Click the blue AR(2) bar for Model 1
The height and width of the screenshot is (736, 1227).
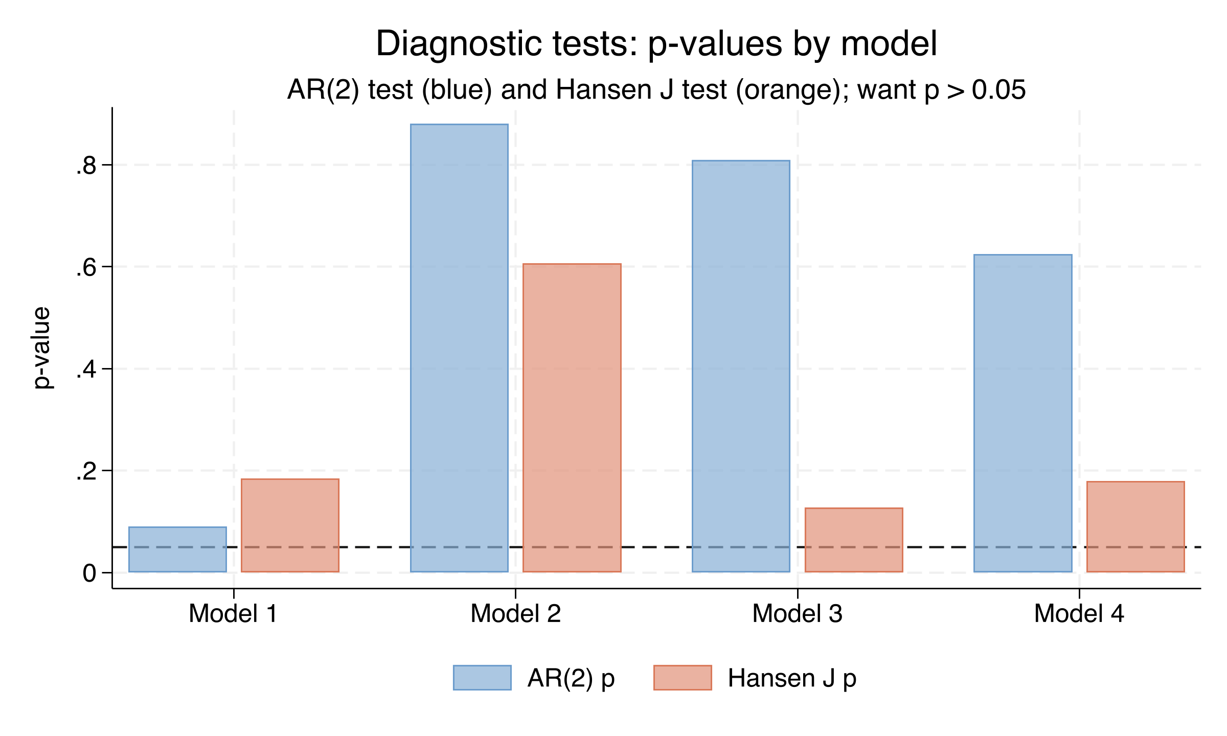click(x=177, y=549)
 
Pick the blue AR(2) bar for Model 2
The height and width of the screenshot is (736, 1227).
click(x=459, y=348)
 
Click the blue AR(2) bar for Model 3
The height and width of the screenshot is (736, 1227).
click(x=741, y=366)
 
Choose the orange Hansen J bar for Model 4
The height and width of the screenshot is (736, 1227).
click(x=1135, y=526)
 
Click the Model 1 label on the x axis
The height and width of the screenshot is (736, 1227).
click(x=233, y=614)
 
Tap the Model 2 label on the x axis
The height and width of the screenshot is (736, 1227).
click(x=515, y=614)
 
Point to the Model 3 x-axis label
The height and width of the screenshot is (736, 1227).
click(x=797, y=614)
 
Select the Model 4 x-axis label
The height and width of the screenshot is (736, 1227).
click(x=1079, y=614)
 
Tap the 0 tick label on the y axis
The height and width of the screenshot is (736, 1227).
click(x=89, y=573)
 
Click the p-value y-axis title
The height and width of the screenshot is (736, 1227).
click(x=42, y=348)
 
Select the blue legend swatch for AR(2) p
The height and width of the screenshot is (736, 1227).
click(x=482, y=678)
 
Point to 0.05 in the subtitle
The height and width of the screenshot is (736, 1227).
click(x=998, y=90)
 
